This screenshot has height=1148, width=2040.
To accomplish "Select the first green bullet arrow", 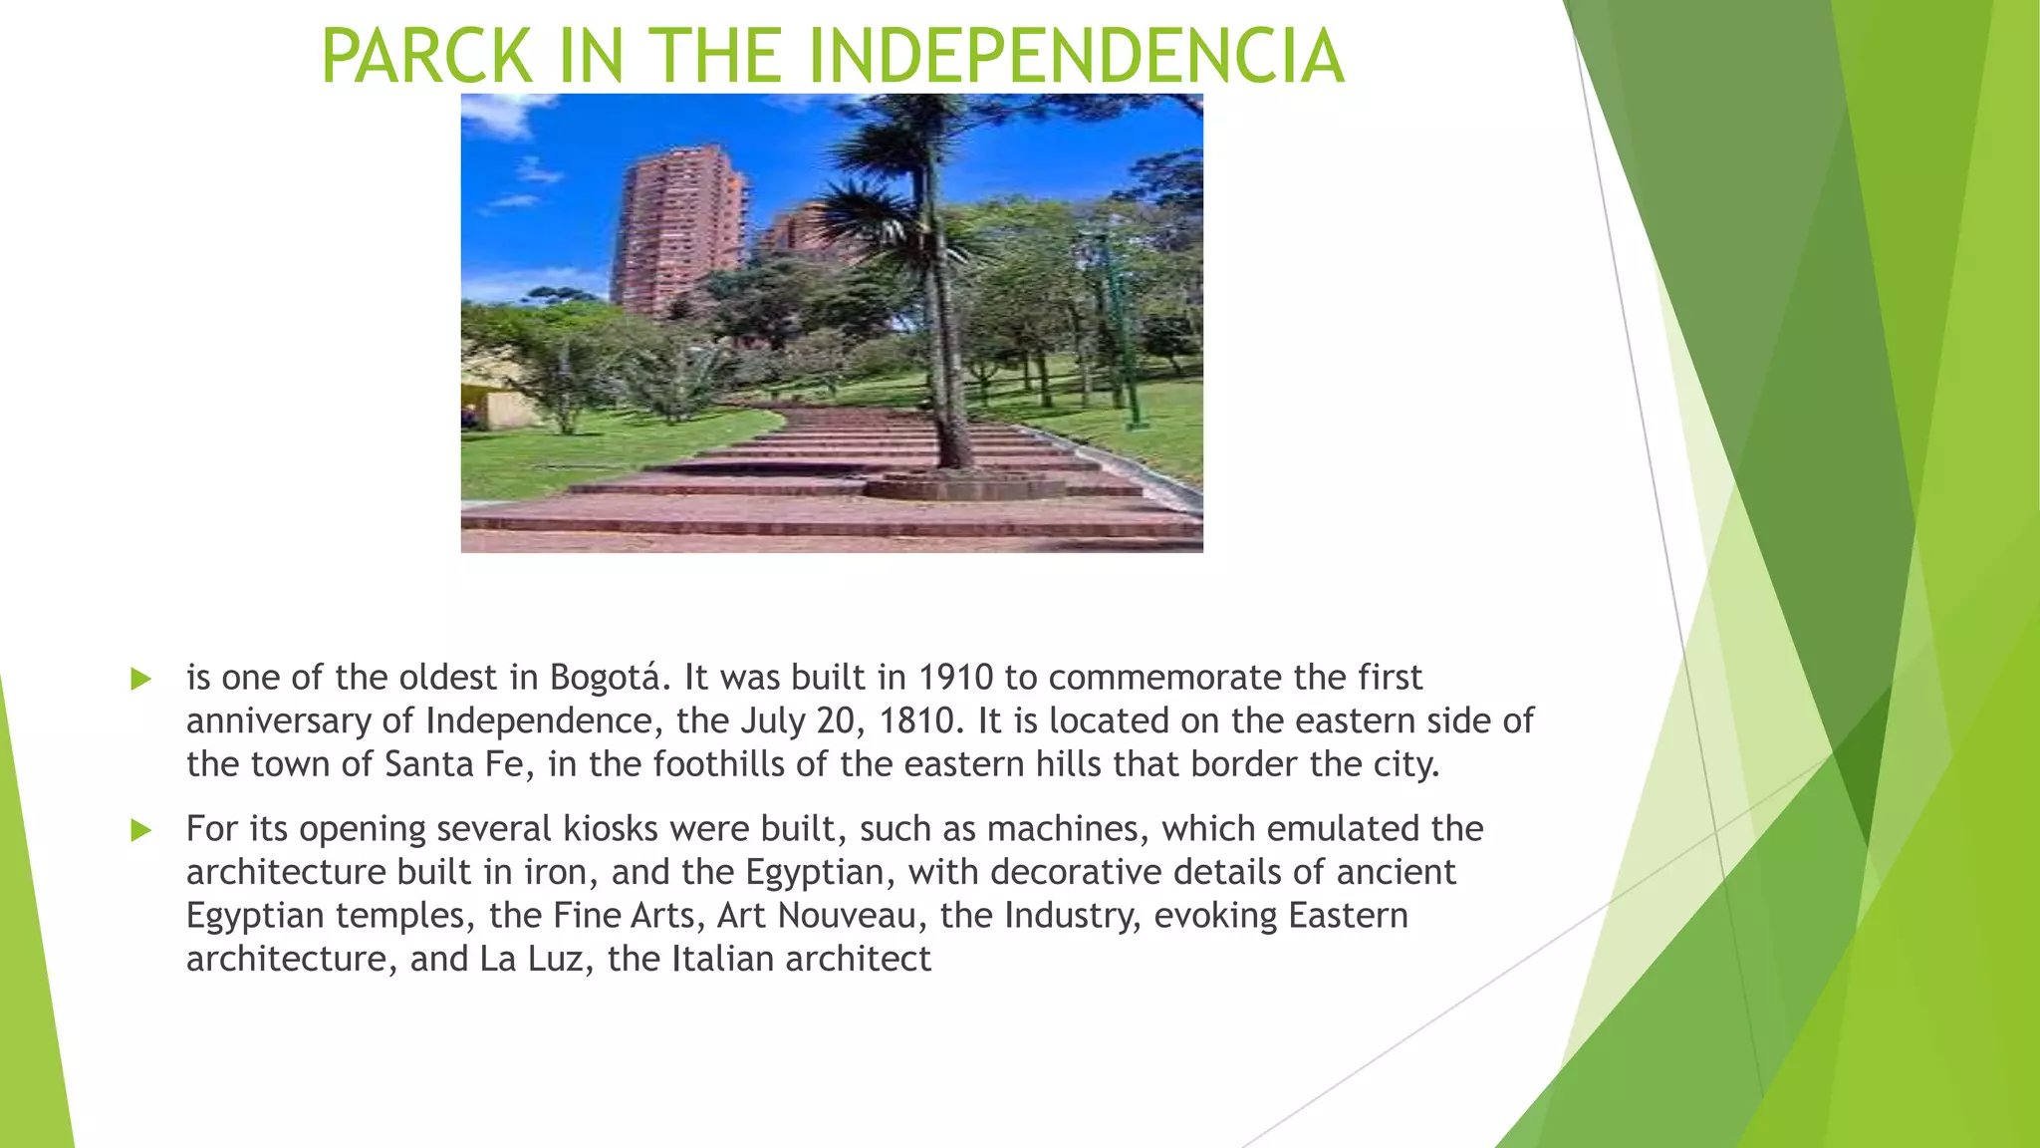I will point(140,680).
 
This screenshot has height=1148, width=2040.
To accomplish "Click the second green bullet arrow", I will point(140,830).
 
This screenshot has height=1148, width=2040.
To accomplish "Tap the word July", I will point(772,720).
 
